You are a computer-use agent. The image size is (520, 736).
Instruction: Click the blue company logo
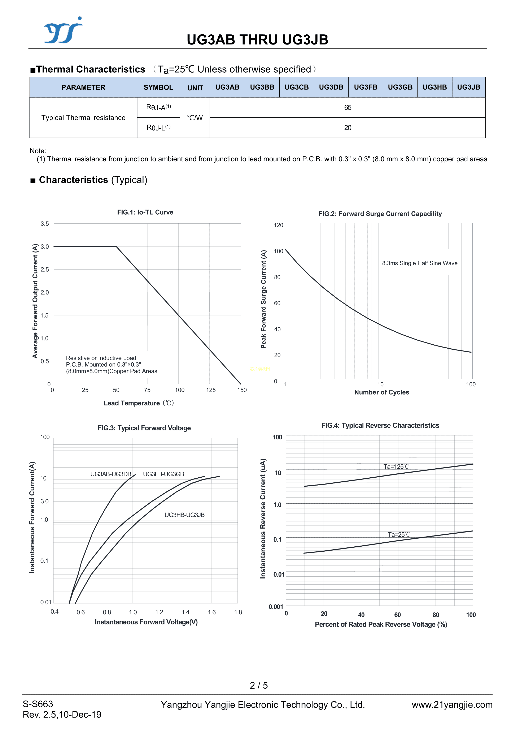64,30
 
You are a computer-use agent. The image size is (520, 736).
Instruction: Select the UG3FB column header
366,87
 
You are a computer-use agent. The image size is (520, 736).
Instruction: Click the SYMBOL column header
158,87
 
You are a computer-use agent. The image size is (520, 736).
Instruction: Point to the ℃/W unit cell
195,118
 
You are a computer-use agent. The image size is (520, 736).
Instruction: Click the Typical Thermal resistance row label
83,118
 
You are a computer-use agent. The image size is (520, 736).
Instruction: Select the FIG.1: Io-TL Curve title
145,212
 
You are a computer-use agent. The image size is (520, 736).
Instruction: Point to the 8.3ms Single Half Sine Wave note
419,263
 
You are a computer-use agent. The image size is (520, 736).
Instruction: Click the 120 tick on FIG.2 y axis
278,225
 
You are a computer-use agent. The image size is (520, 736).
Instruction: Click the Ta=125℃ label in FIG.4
396,467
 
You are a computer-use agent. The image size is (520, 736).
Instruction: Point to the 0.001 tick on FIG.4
276,607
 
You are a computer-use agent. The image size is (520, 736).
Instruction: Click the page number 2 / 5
259,685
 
